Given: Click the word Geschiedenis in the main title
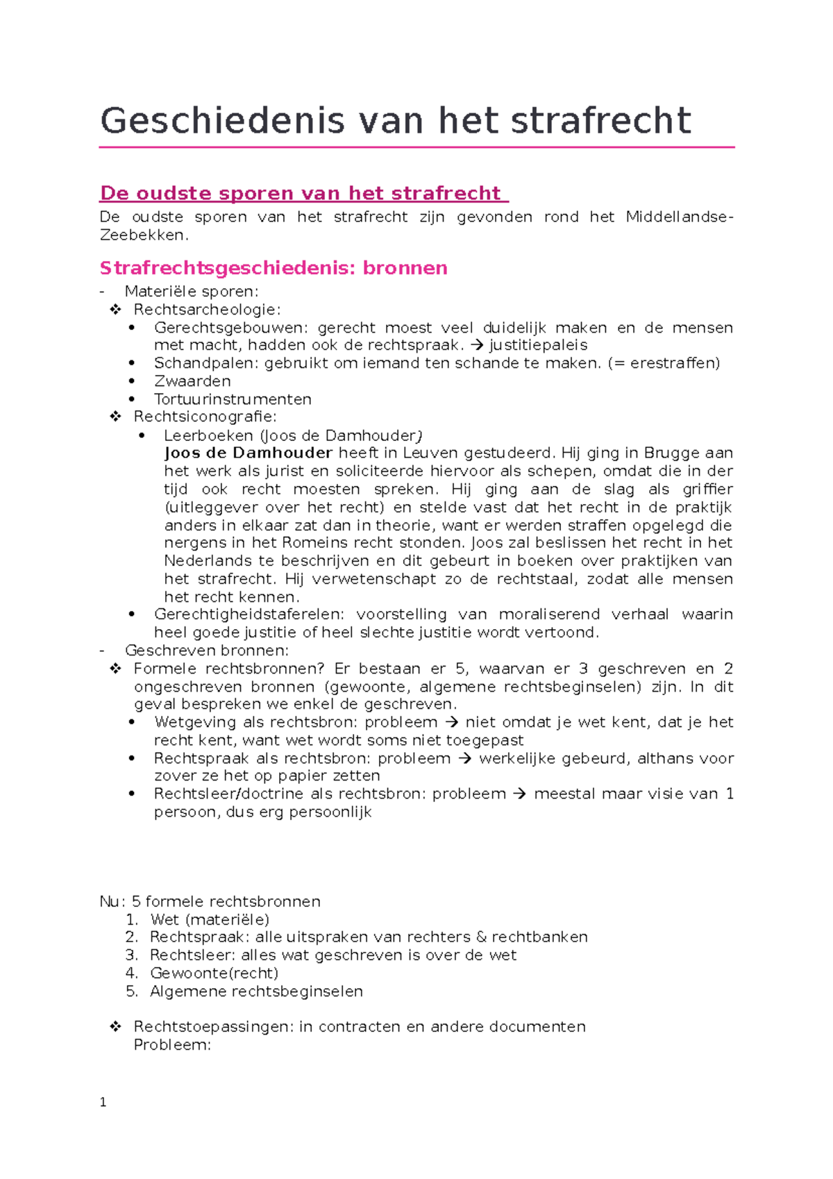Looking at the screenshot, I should (222, 121).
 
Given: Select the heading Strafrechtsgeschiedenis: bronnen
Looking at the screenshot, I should (274, 268).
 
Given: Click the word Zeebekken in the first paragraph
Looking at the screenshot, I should (142, 235).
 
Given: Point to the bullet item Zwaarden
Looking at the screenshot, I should (192, 381).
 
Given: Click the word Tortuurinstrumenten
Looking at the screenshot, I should (233, 399).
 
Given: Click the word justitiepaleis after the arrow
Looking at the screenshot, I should (538, 345).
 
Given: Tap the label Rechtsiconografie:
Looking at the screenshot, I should (205, 417).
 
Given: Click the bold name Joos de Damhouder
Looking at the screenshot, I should (249, 453).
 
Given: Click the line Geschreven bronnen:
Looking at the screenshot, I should (206, 651).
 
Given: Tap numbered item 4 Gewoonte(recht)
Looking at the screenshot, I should (214, 973).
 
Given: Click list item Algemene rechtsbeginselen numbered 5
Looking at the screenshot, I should (256, 991).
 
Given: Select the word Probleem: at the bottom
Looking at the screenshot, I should (171, 1045).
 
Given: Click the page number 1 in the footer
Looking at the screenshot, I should (103, 1102).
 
